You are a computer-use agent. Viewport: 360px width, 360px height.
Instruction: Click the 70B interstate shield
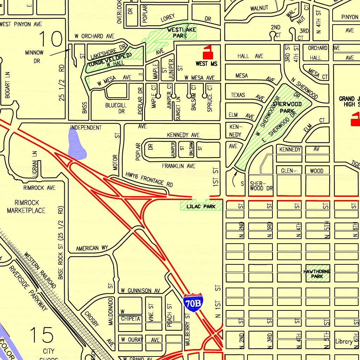pyautogui.click(x=193, y=303)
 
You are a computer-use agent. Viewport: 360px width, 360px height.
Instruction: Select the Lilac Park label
pyautogui.click(x=201, y=206)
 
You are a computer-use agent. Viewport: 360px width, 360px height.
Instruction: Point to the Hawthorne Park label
pyautogui.click(x=317, y=274)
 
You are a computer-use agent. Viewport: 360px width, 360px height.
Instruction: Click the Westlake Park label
pyautogui.click(x=181, y=33)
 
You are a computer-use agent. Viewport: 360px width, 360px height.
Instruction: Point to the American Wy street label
pyautogui.click(x=92, y=248)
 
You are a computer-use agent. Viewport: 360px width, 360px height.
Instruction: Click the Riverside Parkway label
pyautogui.click(x=28, y=288)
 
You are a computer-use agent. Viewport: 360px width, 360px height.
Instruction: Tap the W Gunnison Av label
pyautogui.click(x=140, y=291)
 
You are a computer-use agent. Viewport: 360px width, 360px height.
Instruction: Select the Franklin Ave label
pyautogui.click(x=178, y=166)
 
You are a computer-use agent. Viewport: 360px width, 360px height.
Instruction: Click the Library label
pyautogui.click(x=343, y=341)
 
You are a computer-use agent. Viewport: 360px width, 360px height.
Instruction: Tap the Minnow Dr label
pyautogui.click(x=34, y=57)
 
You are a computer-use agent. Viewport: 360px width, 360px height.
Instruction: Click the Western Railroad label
pyautogui.click(x=40, y=270)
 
